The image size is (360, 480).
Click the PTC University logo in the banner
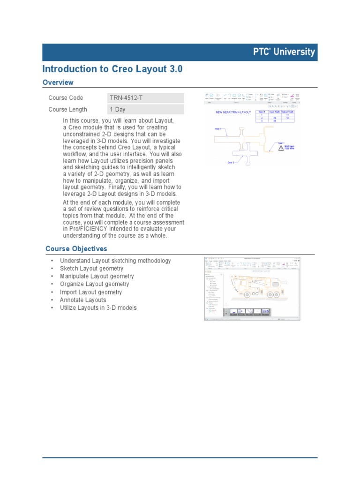coord(282,52)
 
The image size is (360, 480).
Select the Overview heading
coord(58,82)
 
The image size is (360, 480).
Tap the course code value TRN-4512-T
coord(127,98)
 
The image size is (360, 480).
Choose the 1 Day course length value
coord(118,110)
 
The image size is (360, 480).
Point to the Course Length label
coord(67,110)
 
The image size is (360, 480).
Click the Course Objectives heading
coord(76,248)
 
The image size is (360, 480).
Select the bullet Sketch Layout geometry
coord(91,269)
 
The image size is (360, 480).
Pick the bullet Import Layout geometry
coord(90,292)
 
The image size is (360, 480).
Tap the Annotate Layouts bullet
coord(83,300)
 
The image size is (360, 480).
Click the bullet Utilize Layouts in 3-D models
coord(98,308)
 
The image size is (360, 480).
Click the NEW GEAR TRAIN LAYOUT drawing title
coord(233,112)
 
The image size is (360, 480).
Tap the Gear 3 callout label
coord(217,128)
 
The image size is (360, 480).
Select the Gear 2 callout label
coord(231,163)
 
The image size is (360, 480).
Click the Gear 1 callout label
coord(281,142)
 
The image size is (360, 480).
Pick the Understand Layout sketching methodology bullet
coord(115,261)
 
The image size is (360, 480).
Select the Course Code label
coord(66,98)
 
